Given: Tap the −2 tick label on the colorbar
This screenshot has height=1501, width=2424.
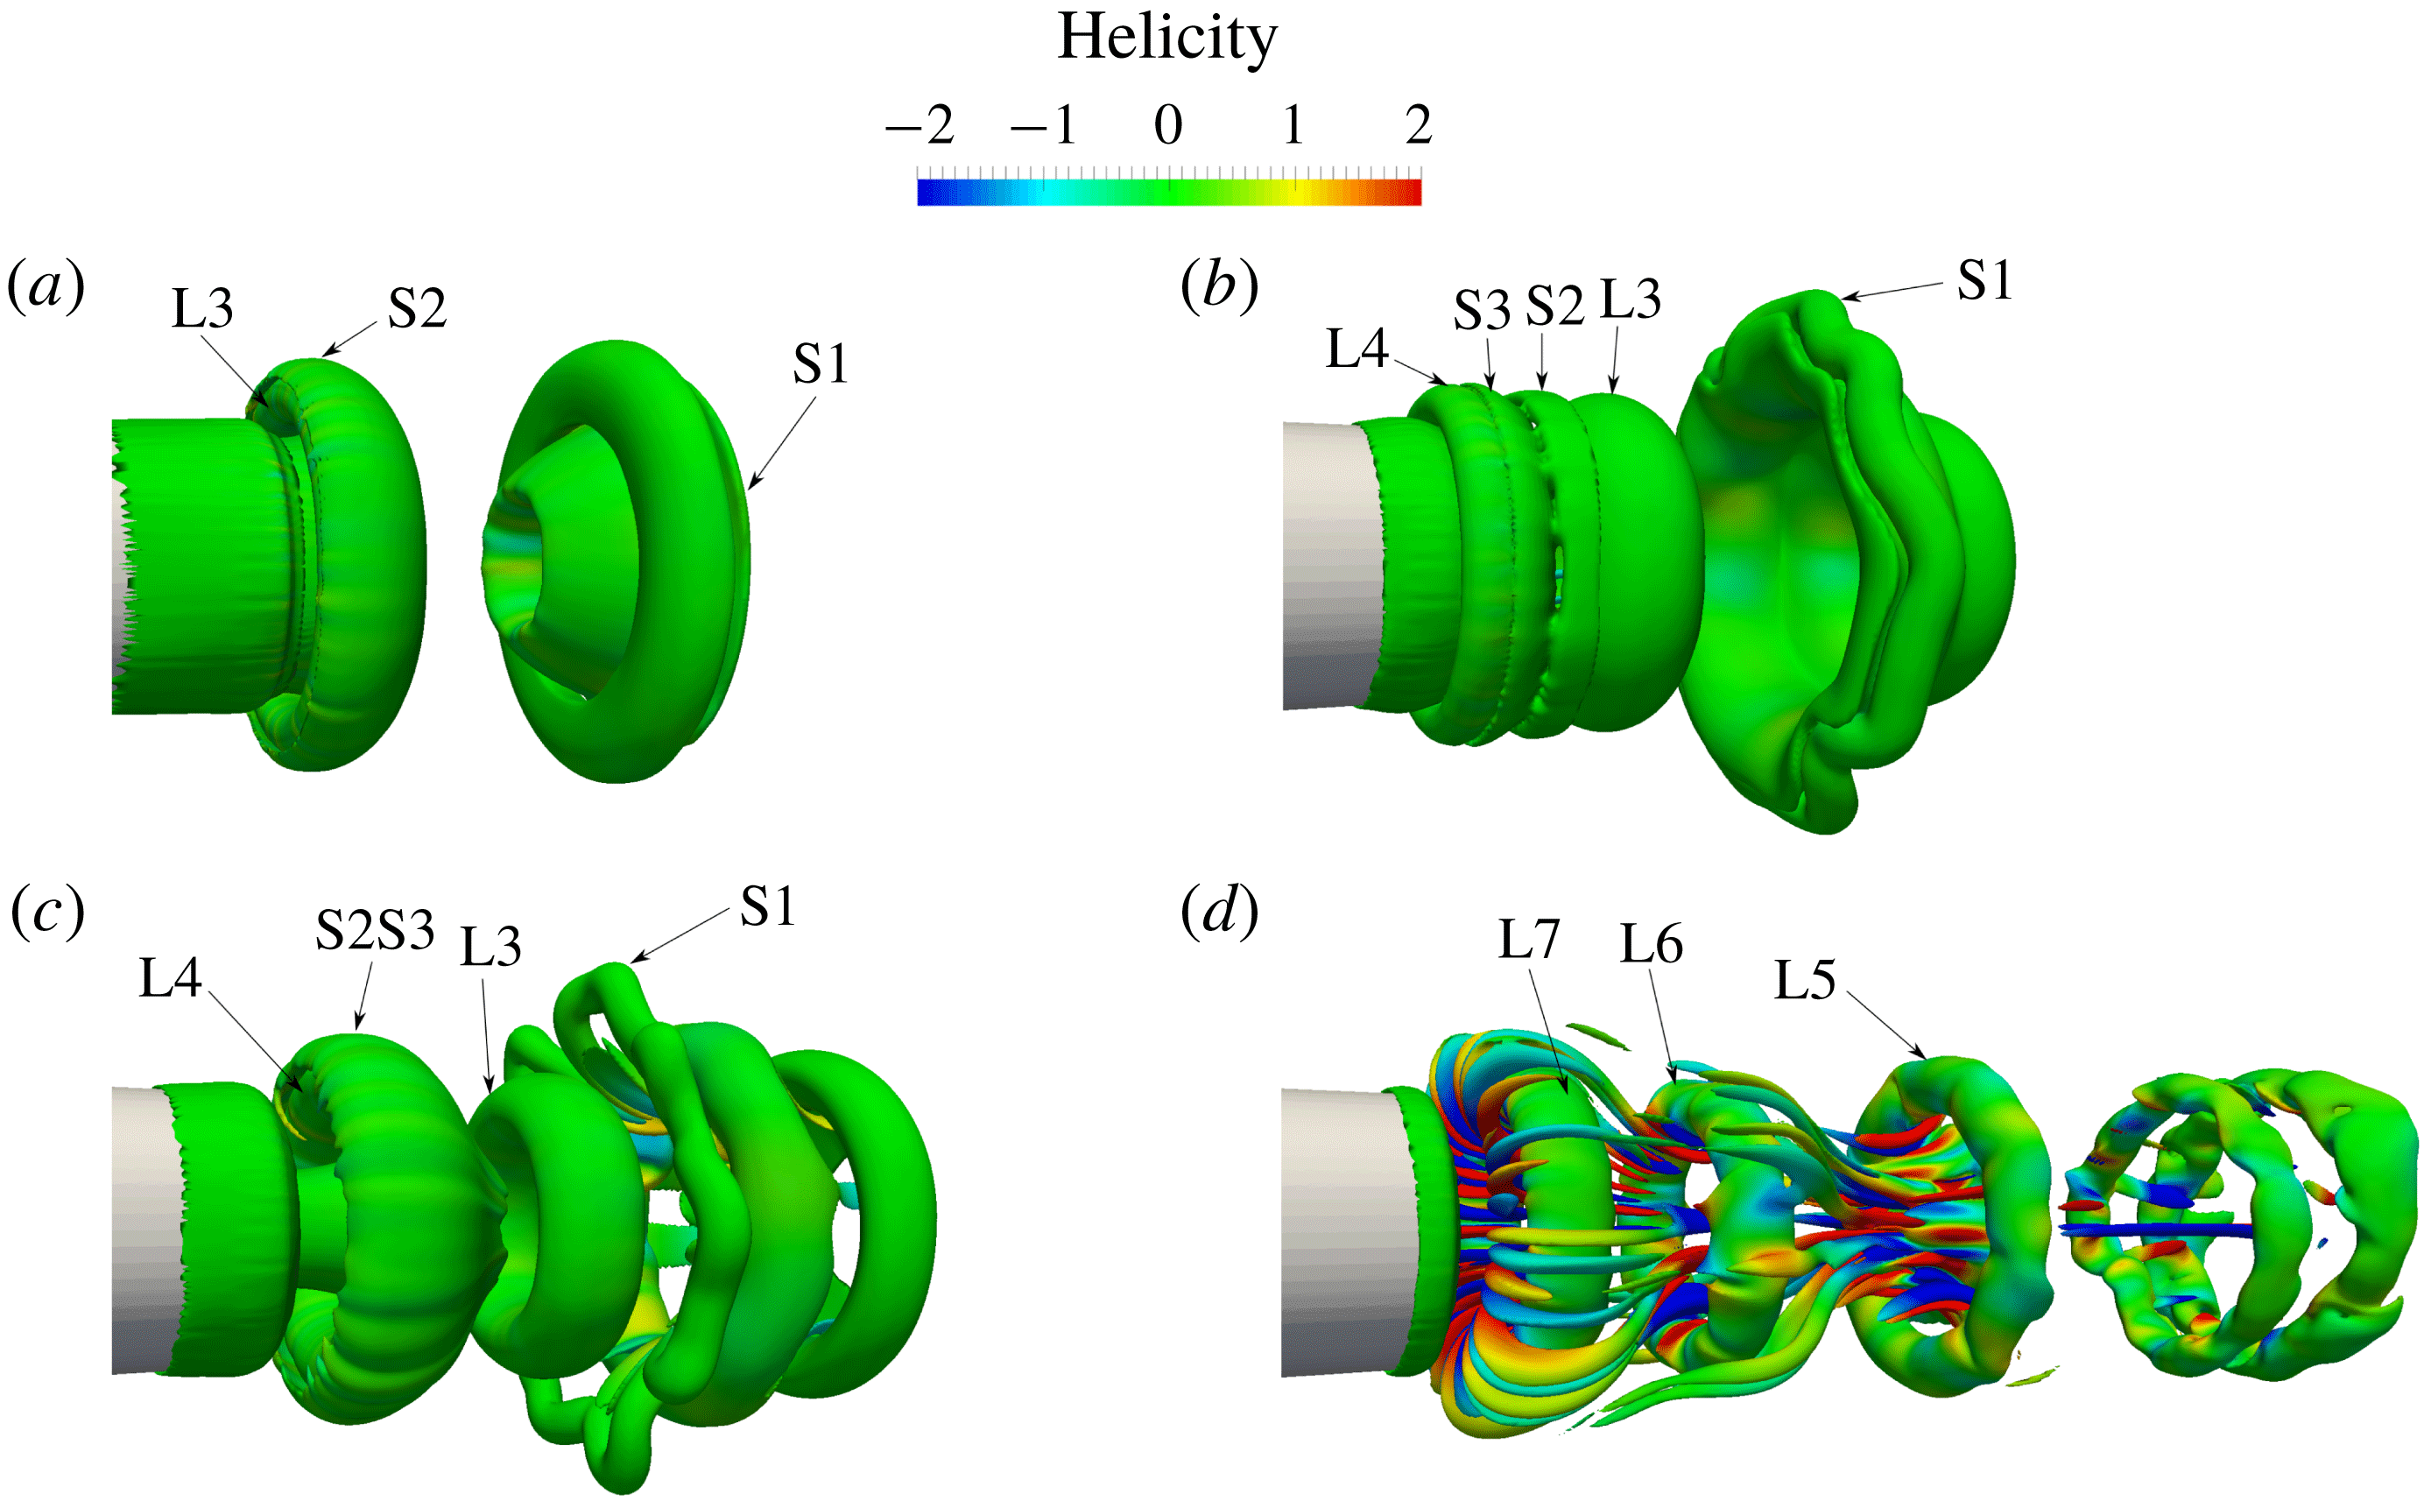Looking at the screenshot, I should [920, 126].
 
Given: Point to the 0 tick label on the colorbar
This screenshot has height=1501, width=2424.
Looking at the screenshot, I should [1168, 126].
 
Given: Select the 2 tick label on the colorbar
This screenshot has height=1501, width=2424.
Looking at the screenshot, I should [1419, 126].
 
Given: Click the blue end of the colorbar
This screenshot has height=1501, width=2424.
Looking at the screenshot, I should [925, 192].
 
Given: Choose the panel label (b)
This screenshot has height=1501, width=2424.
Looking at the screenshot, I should [1219, 287].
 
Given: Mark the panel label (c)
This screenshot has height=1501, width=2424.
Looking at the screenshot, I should [46, 913].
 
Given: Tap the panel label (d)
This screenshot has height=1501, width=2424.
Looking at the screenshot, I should [1219, 913].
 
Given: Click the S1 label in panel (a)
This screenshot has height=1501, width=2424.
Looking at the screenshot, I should [820, 364].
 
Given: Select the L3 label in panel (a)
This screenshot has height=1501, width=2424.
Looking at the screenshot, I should [202, 309].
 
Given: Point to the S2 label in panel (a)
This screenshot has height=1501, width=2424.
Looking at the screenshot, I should [416, 309].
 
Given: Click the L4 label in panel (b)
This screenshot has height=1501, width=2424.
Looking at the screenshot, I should [1356, 349].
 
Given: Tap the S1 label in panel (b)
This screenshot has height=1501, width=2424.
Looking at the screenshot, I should [1984, 281].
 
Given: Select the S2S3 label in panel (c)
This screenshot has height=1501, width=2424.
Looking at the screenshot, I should [375, 931].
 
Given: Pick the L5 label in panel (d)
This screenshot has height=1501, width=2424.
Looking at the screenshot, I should [1804, 982].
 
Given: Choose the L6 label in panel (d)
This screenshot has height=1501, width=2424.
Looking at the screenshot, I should [1651, 944].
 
